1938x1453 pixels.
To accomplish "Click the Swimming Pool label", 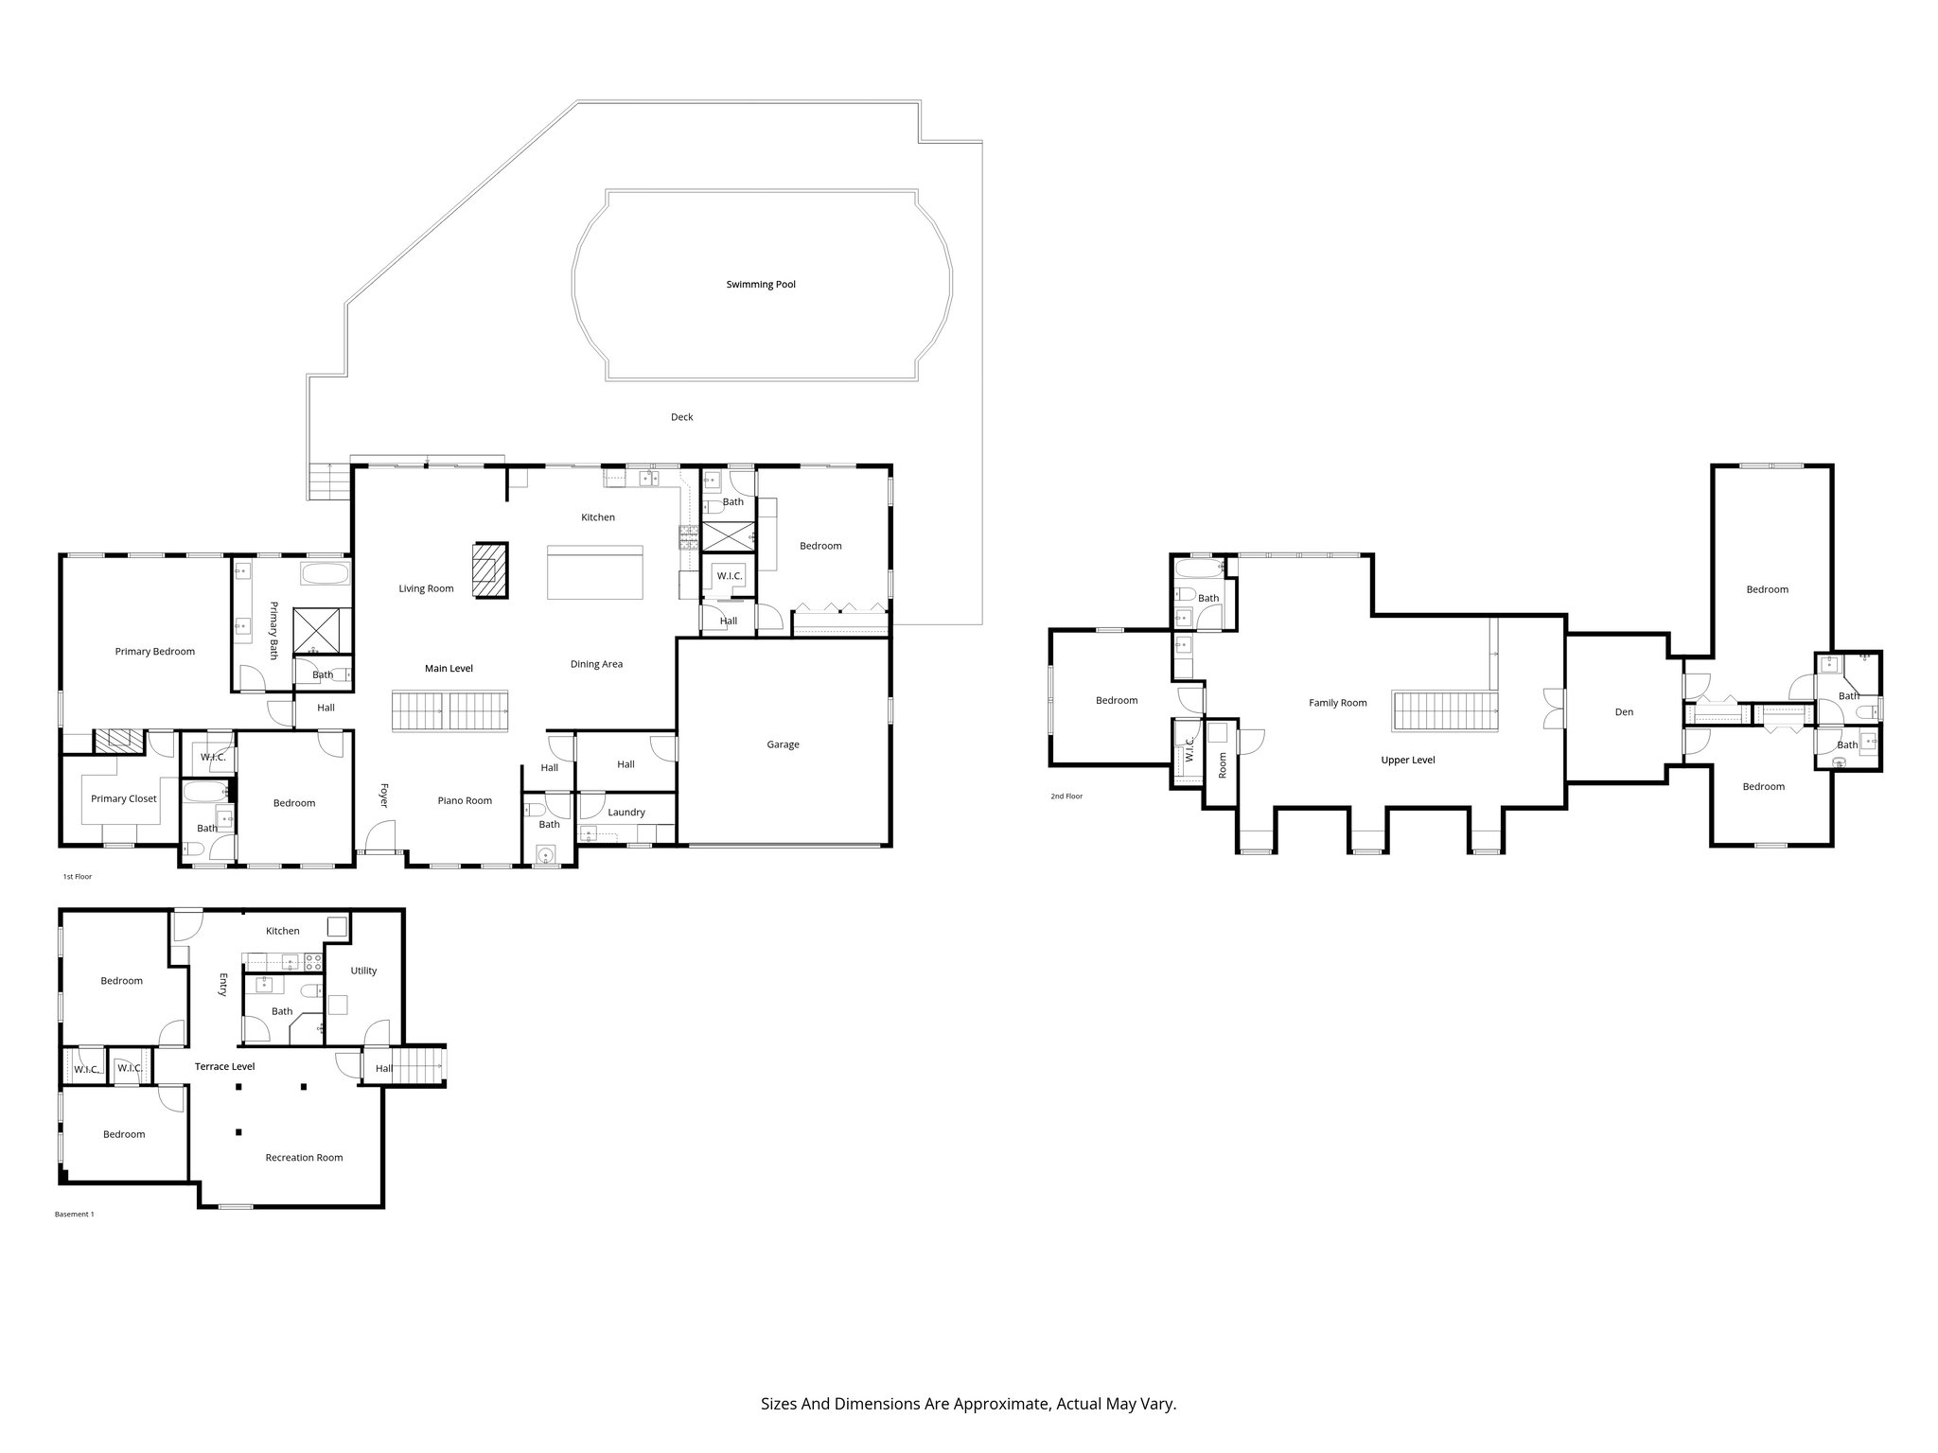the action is click(761, 285).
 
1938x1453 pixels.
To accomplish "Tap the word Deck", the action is click(682, 417).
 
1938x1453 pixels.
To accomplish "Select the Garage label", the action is click(784, 744).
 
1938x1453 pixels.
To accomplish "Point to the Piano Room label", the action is click(465, 801).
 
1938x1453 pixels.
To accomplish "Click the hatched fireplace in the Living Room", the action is click(491, 569).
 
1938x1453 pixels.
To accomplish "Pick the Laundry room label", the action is click(626, 813).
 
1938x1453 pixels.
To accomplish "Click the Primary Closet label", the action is click(124, 799).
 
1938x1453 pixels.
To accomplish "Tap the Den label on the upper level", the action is click(1624, 712).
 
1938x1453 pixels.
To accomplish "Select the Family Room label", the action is click(1338, 703).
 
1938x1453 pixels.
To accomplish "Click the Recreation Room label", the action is click(304, 1158).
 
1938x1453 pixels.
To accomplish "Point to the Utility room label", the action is click(363, 971).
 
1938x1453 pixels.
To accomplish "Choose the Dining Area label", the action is click(596, 664).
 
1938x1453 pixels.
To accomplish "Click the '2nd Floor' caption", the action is click(1066, 797).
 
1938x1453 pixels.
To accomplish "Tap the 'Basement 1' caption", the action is click(75, 1214).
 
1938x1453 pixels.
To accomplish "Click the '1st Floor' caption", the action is click(78, 877).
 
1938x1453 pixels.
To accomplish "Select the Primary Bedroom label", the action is click(155, 652).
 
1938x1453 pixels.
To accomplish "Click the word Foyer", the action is click(384, 795).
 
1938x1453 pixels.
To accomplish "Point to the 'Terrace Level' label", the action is click(225, 1067).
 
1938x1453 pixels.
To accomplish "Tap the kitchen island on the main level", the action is click(595, 572).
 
